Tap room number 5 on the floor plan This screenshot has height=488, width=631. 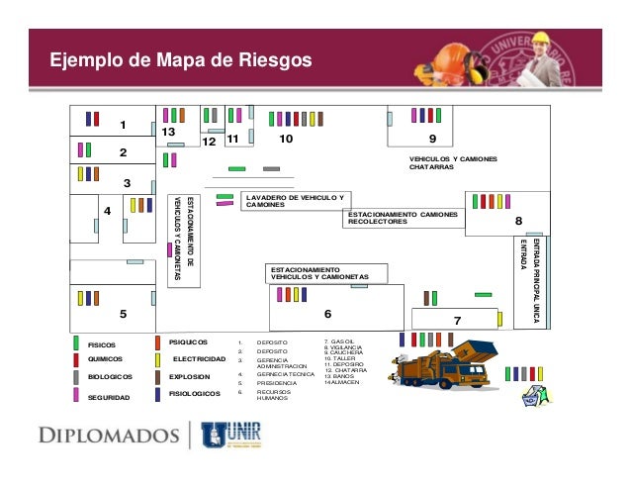coord(124,314)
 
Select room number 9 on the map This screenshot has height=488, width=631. coord(432,140)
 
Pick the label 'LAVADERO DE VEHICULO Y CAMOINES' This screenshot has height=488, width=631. coord(294,202)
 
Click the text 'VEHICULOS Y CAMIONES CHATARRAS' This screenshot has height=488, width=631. coord(453,163)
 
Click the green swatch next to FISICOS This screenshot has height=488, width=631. coord(77,342)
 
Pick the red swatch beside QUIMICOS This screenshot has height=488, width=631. coord(77,359)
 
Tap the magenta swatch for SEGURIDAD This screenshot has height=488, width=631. coord(77,395)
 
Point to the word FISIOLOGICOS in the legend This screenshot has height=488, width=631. coord(194,394)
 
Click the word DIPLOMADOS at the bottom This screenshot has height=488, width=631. coord(108,434)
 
